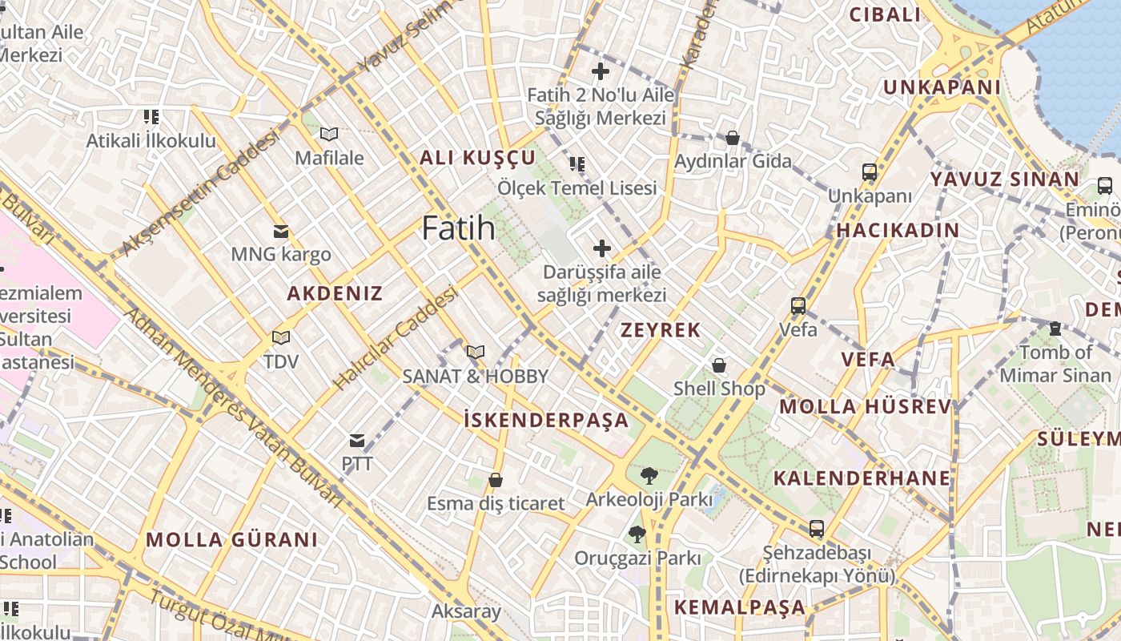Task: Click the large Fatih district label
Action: point(459,228)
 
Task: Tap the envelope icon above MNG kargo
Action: point(281,232)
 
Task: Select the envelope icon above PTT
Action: point(357,440)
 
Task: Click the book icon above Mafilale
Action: point(329,134)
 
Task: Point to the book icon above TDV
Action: point(280,337)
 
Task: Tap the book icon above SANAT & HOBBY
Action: point(476,352)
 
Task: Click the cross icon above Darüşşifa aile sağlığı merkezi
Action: point(601,248)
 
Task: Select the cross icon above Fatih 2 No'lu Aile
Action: point(600,71)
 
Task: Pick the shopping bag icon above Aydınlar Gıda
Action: point(732,138)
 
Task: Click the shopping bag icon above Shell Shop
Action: point(719,365)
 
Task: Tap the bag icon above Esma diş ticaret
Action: point(496,480)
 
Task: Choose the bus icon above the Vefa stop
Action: point(798,305)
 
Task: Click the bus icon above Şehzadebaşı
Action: point(816,529)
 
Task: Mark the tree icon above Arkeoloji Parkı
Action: point(649,476)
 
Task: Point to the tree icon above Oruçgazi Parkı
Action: point(637,534)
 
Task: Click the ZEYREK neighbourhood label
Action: point(661,329)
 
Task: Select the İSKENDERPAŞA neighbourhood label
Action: point(547,419)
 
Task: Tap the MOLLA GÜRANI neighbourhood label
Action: point(232,539)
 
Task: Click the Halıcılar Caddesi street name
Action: point(396,338)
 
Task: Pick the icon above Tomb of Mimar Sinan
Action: point(1055,329)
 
